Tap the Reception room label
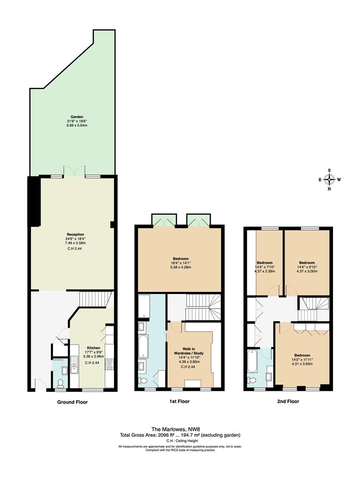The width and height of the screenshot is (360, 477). [x=75, y=235]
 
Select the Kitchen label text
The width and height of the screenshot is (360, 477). [x=94, y=348]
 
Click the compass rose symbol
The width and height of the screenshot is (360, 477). [x=329, y=179]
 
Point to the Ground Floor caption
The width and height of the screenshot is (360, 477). [x=72, y=402]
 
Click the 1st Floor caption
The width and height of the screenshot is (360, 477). [x=179, y=401]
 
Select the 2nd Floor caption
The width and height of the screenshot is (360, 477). [x=288, y=401]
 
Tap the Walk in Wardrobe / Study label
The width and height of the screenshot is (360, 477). [x=193, y=351]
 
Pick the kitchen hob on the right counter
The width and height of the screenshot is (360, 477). [x=109, y=364]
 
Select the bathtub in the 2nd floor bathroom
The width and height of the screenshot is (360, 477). [x=252, y=361]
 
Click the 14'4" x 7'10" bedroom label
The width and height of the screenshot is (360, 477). [x=265, y=267]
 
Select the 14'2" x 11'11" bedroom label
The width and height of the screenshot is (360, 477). [x=302, y=359]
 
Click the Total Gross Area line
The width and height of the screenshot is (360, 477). [x=180, y=435]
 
